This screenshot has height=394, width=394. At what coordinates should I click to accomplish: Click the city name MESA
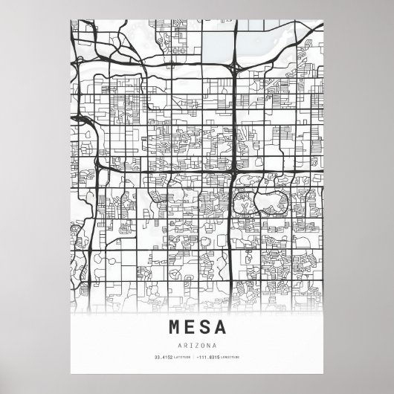(x=197, y=326)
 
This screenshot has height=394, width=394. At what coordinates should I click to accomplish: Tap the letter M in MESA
(x=175, y=326)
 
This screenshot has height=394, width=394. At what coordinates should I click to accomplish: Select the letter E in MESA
(x=190, y=326)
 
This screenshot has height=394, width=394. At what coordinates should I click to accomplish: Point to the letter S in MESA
(x=204, y=326)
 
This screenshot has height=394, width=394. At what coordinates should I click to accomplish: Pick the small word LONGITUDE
(x=231, y=358)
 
